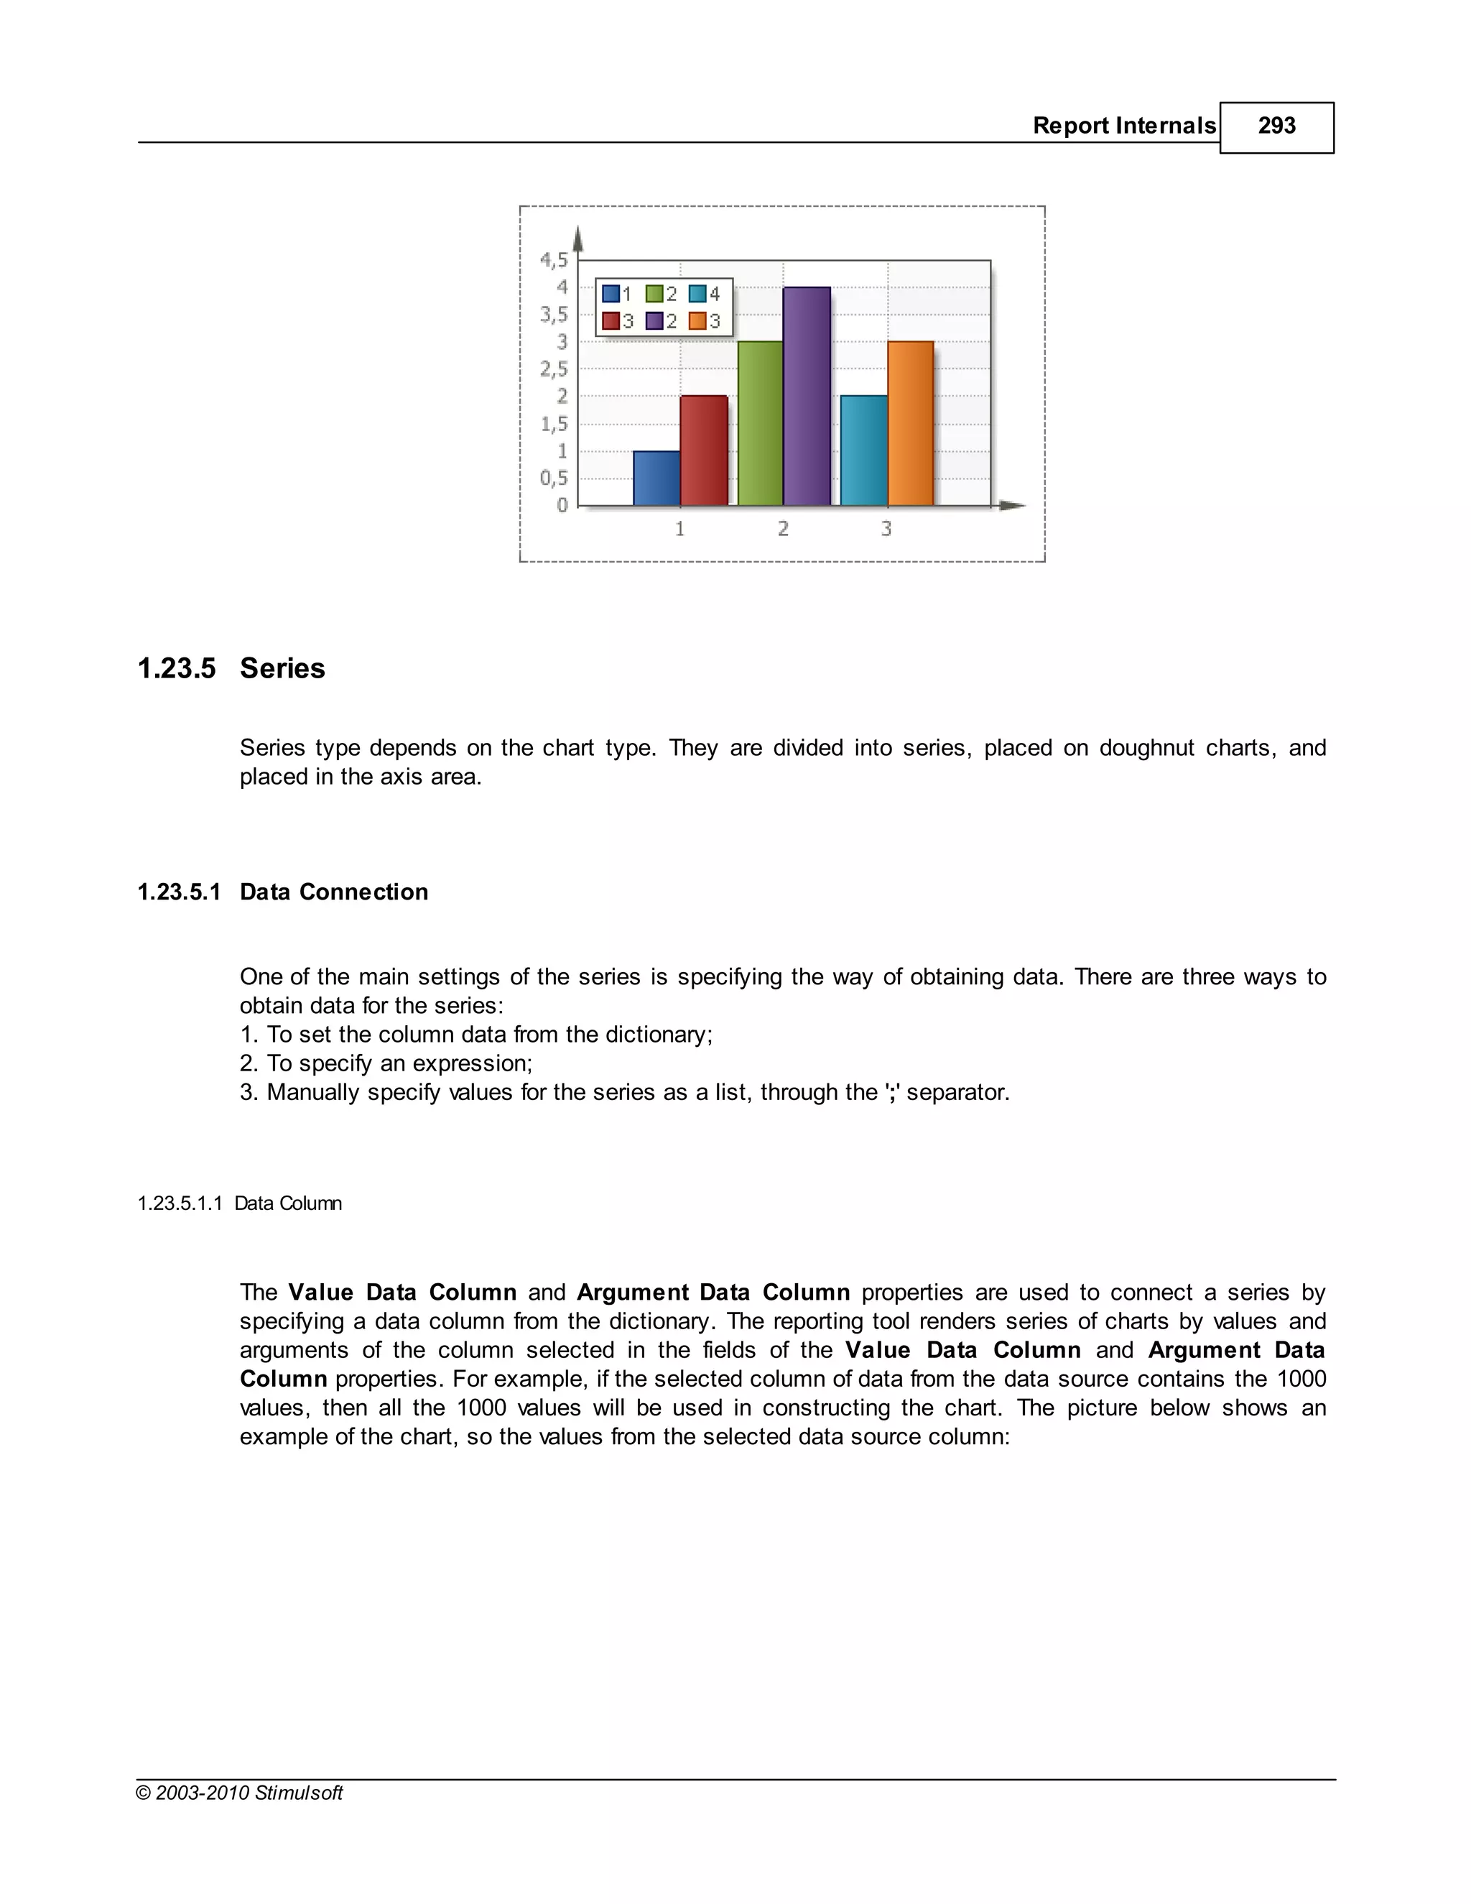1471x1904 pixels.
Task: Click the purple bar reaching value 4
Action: tap(806, 397)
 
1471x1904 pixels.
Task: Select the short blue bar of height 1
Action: tap(656, 478)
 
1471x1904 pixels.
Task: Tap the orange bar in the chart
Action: tap(911, 424)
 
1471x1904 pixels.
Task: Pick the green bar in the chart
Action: tap(760, 424)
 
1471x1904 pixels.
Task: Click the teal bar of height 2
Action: tap(863, 450)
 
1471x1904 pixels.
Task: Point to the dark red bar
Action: tap(703, 450)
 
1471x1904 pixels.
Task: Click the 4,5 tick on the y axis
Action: tap(553, 260)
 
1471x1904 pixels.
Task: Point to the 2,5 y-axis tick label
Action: tap(553, 369)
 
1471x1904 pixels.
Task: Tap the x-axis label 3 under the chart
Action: tap(886, 528)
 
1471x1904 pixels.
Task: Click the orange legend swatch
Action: tap(697, 321)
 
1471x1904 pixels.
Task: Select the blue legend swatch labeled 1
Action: tap(611, 294)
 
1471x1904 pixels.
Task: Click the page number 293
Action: tap(1276, 126)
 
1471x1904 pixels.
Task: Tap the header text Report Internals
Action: tap(1123, 126)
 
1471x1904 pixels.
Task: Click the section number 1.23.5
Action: tap(177, 669)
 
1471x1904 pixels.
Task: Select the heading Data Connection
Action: tap(334, 892)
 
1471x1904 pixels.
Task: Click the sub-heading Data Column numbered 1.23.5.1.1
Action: tap(287, 1203)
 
